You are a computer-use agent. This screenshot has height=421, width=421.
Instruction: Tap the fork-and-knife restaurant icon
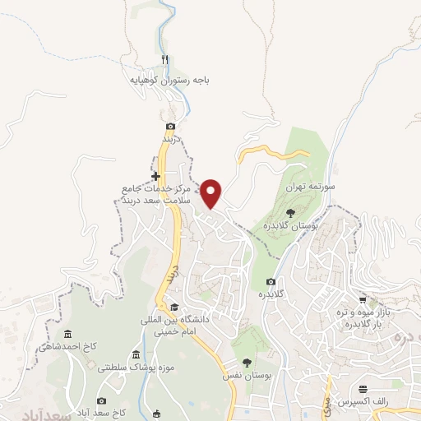pos(165,60)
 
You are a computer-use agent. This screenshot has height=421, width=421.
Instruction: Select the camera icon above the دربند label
pos(170,126)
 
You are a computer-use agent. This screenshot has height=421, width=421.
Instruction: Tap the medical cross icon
pos(155,177)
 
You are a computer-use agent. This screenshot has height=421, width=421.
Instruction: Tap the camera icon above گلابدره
pos(271,282)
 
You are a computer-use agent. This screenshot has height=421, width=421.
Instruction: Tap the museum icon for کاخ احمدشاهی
pos(67,334)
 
